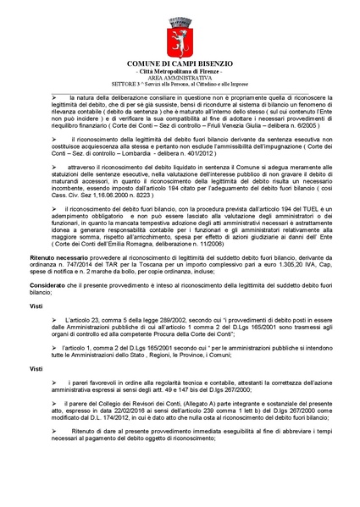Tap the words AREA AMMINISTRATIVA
pos(180,80)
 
